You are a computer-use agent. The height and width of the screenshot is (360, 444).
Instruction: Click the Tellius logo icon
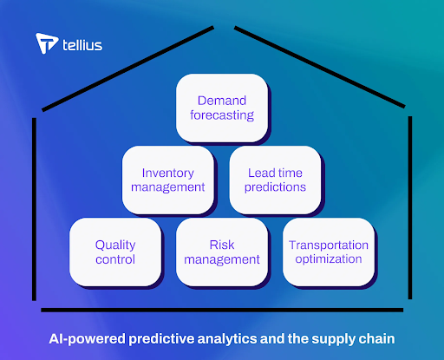tap(46, 43)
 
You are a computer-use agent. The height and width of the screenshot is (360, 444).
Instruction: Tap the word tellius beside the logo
tap(82, 45)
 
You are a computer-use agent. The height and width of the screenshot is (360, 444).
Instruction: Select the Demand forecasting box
tap(222, 108)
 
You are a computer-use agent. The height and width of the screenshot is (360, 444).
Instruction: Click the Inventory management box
tap(168, 180)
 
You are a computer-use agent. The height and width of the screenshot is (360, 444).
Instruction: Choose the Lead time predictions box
tap(275, 180)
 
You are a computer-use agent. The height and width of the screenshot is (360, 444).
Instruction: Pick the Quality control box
tap(115, 252)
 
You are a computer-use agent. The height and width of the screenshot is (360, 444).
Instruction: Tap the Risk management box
tap(222, 252)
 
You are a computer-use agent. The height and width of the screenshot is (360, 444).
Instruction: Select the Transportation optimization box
tap(329, 252)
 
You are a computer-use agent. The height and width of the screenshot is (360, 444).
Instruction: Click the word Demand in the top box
tap(222, 101)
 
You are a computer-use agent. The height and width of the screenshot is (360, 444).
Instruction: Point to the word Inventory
tap(168, 173)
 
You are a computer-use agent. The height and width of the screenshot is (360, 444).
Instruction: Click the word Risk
tap(222, 245)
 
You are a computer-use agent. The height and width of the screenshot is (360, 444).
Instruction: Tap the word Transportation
tap(329, 245)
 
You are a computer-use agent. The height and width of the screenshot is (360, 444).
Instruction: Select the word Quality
tap(115, 245)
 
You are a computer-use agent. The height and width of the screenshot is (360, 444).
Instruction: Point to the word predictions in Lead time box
tap(275, 187)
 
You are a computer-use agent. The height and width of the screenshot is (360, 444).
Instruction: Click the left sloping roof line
tap(128, 69)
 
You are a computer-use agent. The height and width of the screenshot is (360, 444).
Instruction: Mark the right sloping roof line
tap(320, 67)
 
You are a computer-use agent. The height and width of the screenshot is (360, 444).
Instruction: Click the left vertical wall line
tap(34, 209)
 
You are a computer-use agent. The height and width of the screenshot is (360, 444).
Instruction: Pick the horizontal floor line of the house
tap(222, 310)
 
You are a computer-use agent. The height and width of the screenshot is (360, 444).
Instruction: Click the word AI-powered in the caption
tap(88, 339)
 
